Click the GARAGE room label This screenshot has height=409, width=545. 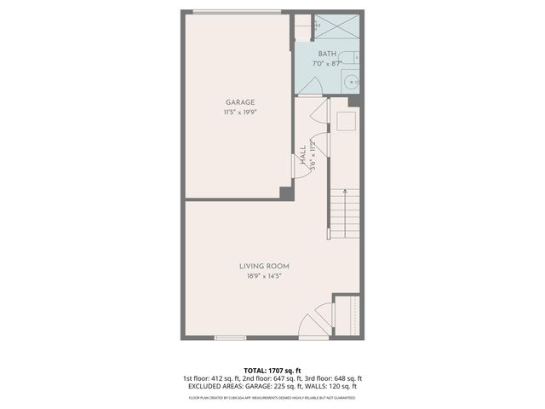tap(240, 102)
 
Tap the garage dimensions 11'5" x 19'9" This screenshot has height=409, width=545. tap(240, 111)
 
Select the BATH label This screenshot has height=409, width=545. tap(328, 54)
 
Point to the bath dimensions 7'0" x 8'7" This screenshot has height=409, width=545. tap(328, 63)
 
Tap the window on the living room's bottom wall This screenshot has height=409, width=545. tap(230, 337)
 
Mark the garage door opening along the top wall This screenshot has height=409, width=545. tap(236, 12)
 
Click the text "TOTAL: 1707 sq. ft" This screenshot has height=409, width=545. tap(272, 371)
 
